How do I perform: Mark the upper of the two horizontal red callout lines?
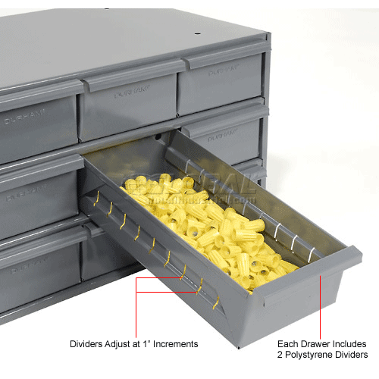coord(160,278)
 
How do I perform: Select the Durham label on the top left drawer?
coord(28,119)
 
